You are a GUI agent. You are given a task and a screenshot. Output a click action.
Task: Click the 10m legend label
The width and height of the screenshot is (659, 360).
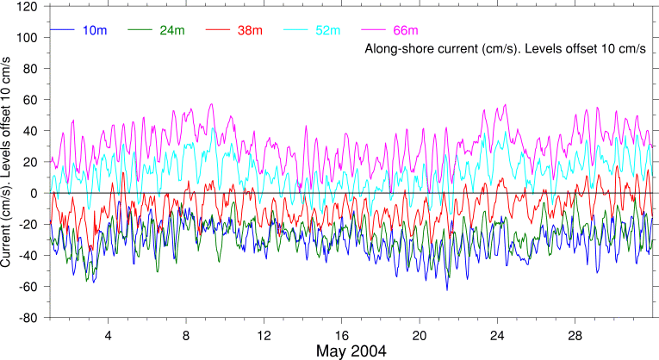click(94, 31)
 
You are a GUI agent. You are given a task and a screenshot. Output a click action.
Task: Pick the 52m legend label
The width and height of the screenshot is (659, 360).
click(328, 31)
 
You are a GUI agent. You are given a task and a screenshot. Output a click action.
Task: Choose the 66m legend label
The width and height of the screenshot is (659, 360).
click(406, 31)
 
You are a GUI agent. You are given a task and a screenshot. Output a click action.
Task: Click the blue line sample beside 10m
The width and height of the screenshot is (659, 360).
click(63, 31)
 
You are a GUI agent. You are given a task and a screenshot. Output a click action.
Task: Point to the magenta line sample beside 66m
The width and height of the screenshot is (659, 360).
click(373, 31)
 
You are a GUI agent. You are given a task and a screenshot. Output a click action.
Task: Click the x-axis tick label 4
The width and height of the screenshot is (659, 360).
click(109, 334)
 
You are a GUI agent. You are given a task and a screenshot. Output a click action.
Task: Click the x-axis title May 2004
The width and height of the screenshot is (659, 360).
click(351, 351)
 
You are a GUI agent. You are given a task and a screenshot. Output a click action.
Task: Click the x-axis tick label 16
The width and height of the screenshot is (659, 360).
click(342, 334)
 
